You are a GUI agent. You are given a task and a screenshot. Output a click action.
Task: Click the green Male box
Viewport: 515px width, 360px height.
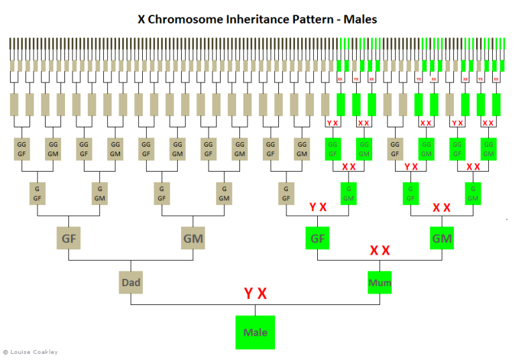point(255,332)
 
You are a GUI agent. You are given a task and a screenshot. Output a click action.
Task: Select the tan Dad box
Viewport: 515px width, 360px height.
point(131,282)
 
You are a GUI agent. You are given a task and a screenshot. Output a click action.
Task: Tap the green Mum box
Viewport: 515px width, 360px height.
point(380,282)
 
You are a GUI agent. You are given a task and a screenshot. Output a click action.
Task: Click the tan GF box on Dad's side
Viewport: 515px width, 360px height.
point(69,238)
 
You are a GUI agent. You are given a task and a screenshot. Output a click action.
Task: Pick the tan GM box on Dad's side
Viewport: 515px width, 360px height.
point(193,238)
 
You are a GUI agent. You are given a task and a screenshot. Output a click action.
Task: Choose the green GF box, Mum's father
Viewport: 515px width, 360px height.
point(317,238)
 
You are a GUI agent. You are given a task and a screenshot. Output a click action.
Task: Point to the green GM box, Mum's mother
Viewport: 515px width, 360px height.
point(442,238)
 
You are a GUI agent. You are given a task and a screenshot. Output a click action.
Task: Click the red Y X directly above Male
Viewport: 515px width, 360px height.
point(255,294)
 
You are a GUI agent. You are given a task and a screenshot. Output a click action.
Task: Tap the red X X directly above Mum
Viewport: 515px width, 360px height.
point(380,251)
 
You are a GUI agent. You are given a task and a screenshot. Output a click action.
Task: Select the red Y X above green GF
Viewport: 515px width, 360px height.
point(318,207)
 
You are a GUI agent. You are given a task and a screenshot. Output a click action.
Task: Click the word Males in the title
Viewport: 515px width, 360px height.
point(360,19)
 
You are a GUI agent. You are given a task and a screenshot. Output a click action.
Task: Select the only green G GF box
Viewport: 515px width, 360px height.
point(410,193)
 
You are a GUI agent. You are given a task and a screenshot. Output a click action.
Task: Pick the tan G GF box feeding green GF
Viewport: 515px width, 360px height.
point(286,193)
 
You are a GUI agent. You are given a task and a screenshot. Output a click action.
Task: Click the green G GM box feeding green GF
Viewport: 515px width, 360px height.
point(349,193)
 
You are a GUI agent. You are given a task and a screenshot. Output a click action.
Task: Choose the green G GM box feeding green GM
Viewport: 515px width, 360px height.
point(473,193)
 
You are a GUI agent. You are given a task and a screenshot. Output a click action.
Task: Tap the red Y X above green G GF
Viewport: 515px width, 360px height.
point(411,166)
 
